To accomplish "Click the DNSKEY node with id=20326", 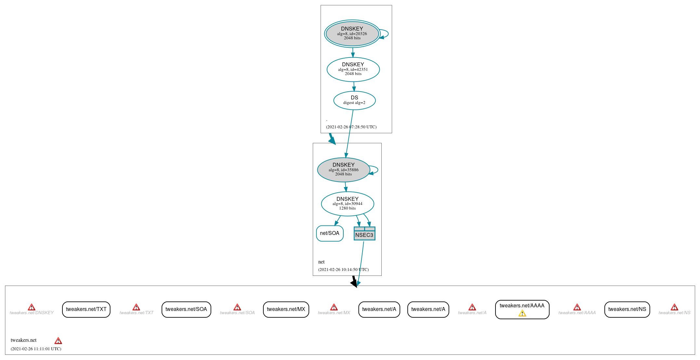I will pyautogui.click(x=352, y=33).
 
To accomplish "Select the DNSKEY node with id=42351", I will pyautogui.click(x=353, y=69).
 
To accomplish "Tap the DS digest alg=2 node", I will pyautogui.click(x=354, y=100).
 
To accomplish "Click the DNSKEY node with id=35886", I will pyautogui.click(x=344, y=170).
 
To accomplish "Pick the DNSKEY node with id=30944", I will pyautogui.click(x=348, y=204).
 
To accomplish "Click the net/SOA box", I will pyautogui.click(x=330, y=233).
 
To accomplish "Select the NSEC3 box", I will pyautogui.click(x=364, y=234).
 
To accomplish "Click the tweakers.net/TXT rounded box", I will pyautogui.click(x=86, y=309).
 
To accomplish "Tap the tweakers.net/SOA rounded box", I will pyautogui.click(x=186, y=309).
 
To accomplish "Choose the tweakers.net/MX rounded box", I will pyautogui.click(x=286, y=309).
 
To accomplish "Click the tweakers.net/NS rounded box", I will pyautogui.click(x=627, y=309).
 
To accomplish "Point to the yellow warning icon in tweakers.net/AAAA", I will pyautogui.click(x=522, y=314).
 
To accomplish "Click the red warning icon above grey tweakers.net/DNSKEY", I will pyautogui.click(x=32, y=307).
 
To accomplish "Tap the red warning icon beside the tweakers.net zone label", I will pyautogui.click(x=58, y=341).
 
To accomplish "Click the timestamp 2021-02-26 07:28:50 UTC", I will pyautogui.click(x=351, y=127).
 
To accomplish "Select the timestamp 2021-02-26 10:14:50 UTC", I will pyautogui.click(x=343, y=270).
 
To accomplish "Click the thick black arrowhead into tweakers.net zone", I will pyautogui.click(x=354, y=282).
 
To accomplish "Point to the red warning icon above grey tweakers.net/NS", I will pyautogui.click(x=674, y=307).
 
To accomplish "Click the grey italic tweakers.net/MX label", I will pyautogui.click(x=334, y=313).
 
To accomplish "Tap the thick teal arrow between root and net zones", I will pyautogui.click(x=332, y=139).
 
